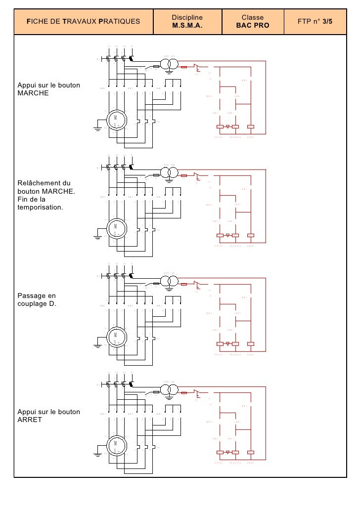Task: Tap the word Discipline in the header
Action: pyautogui.click(x=187, y=18)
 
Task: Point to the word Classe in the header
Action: pyautogui.click(x=253, y=18)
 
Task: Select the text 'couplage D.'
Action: pyautogui.click(x=37, y=303)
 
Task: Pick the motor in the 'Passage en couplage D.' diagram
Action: pyautogui.click(x=115, y=337)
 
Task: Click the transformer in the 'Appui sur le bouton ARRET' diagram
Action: pyautogui.click(x=169, y=389)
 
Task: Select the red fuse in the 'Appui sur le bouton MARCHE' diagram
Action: pyautogui.click(x=184, y=66)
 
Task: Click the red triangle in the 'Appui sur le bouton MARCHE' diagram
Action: pyautogui.click(x=227, y=127)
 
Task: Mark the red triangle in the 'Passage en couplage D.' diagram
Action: pyautogui.click(x=227, y=344)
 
